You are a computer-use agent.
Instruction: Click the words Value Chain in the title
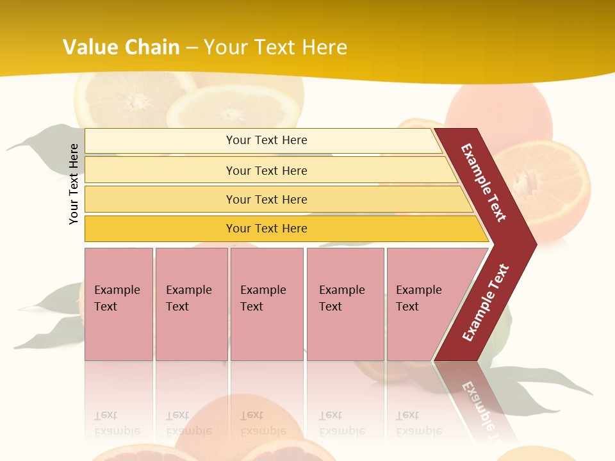coord(121,47)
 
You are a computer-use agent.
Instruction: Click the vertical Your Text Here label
coord(74,184)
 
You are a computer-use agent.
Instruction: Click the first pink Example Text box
coord(119,303)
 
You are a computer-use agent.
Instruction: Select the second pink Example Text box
coord(191,303)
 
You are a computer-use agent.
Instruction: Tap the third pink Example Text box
coord(266,303)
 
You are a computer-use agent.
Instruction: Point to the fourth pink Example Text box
coord(345,303)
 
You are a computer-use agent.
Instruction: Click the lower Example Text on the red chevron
coord(486,302)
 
